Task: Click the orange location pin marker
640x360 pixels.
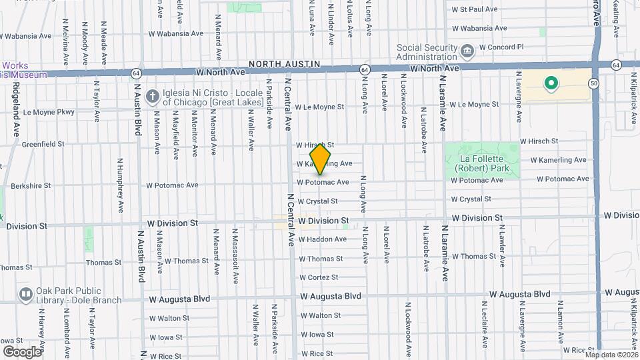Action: coord(321,159)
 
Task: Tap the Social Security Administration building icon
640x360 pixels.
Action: coord(467,50)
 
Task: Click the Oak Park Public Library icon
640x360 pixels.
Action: coord(26,294)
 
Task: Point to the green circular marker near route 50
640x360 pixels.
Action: coord(551,83)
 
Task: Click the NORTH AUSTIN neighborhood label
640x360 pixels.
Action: coord(285,64)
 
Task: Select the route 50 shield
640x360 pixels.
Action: coord(593,83)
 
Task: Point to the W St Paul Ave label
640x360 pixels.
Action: coord(475,10)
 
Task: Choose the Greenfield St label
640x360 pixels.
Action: coord(43,143)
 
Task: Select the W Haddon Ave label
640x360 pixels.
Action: coord(322,239)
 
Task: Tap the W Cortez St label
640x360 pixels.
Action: coord(318,277)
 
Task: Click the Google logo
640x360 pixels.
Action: coord(22,351)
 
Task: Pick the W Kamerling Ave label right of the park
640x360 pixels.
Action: coord(558,160)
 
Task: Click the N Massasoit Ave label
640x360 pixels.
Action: coord(235,253)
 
